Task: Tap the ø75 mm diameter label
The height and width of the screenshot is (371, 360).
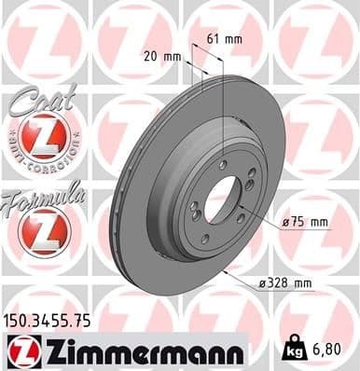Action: (307, 221)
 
